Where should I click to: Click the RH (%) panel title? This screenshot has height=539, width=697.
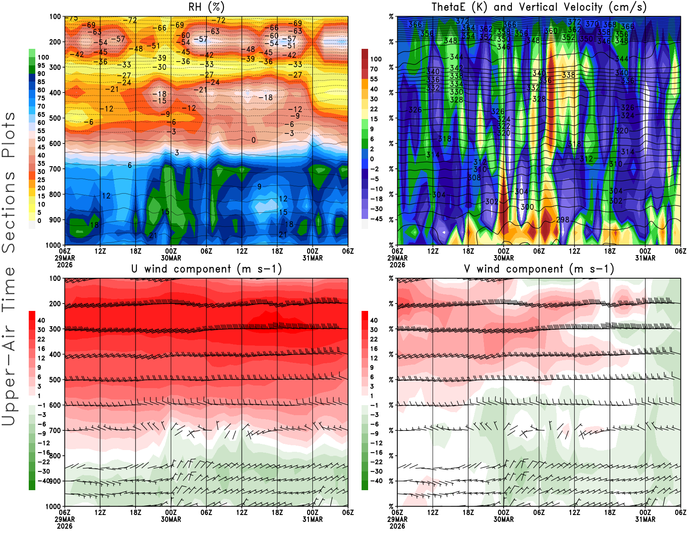point(206,7)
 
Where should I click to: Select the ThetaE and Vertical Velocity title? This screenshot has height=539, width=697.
point(539,7)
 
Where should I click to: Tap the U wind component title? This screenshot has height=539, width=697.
point(206,269)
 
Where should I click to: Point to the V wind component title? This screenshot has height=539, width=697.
point(539,269)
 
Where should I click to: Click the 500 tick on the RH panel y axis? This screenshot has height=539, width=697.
point(55,118)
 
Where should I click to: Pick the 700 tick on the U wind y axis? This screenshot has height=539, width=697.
point(55,430)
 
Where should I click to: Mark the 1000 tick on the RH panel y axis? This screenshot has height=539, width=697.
point(53,245)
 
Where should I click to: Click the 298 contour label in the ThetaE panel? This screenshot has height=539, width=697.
point(563,220)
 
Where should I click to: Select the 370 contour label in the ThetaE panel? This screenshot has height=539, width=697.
point(592,24)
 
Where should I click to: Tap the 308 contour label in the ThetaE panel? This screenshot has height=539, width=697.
point(474,177)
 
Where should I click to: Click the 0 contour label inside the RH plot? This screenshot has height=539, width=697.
point(254,140)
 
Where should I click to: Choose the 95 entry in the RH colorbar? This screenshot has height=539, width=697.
point(41,65)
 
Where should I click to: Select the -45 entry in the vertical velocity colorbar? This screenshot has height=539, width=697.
point(376,219)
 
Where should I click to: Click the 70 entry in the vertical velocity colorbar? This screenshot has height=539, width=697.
point(374,69)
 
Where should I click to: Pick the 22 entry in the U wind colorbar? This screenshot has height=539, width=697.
point(41,339)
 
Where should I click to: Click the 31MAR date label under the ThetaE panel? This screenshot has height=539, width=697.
point(645,258)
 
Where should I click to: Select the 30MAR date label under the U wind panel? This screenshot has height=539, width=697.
point(171,519)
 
